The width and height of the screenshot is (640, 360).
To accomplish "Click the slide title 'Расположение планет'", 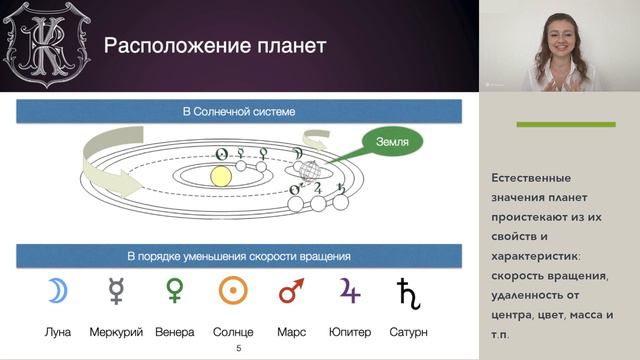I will [217, 46].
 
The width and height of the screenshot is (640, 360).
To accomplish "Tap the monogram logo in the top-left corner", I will [43, 44].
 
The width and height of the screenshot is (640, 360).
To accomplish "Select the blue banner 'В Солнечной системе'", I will [237, 110].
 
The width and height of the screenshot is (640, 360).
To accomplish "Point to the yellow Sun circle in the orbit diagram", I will [221, 176].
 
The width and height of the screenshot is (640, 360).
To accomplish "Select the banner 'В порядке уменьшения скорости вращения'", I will [237, 256].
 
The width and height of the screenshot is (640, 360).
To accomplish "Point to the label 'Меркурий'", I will [116, 331].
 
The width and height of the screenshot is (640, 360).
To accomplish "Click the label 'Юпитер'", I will [351, 331].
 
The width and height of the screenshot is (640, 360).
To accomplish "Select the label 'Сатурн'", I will [409, 331].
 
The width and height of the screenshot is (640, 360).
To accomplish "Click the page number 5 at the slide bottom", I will [237, 348].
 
